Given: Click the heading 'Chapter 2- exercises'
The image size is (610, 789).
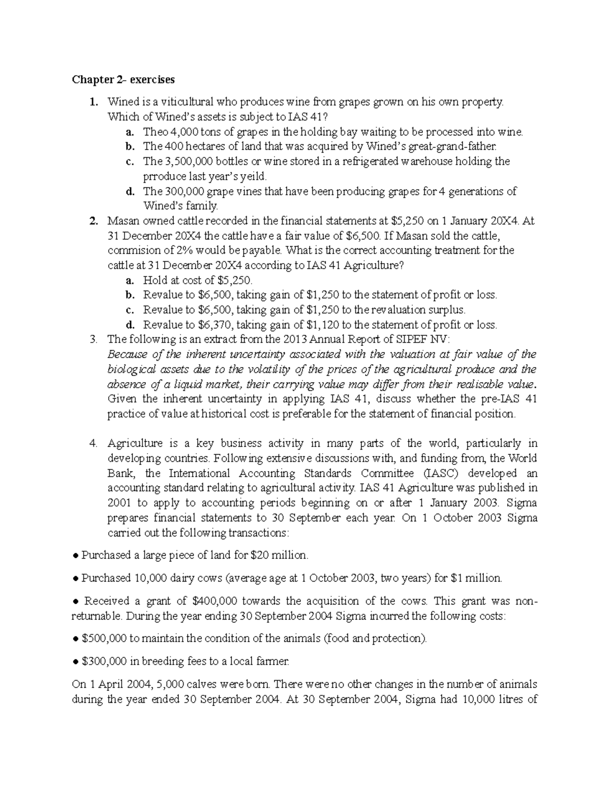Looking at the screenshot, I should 123,80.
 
